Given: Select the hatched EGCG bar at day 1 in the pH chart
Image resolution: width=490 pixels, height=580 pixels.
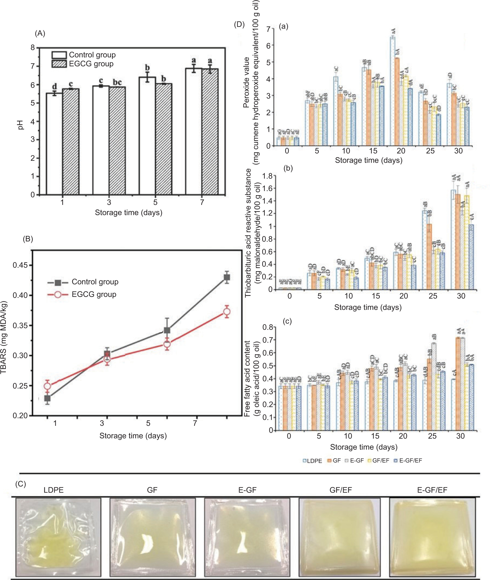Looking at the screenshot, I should [x=70, y=142].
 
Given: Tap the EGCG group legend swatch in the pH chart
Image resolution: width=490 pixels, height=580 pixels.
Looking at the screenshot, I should [x=59, y=64].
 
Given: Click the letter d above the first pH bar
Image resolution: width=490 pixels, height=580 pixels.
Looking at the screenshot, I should [x=54, y=86].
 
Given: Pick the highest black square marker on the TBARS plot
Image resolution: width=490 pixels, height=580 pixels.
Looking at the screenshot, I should [x=227, y=277].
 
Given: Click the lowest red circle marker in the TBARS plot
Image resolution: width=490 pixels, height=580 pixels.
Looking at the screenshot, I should [x=47, y=386].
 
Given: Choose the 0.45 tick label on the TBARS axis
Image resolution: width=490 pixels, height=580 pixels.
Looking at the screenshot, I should [x=20, y=265].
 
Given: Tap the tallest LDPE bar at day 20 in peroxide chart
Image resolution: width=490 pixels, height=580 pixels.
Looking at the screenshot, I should [x=392, y=92].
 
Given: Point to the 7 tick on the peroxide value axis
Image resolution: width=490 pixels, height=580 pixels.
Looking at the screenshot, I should [x=268, y=29].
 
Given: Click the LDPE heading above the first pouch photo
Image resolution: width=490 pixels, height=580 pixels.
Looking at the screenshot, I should [x=53, y=490].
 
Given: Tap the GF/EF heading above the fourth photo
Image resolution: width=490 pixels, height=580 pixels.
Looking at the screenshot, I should [x=340, y=490].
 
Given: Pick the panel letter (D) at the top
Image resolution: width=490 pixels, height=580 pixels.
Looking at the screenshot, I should [x=239, y=24].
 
